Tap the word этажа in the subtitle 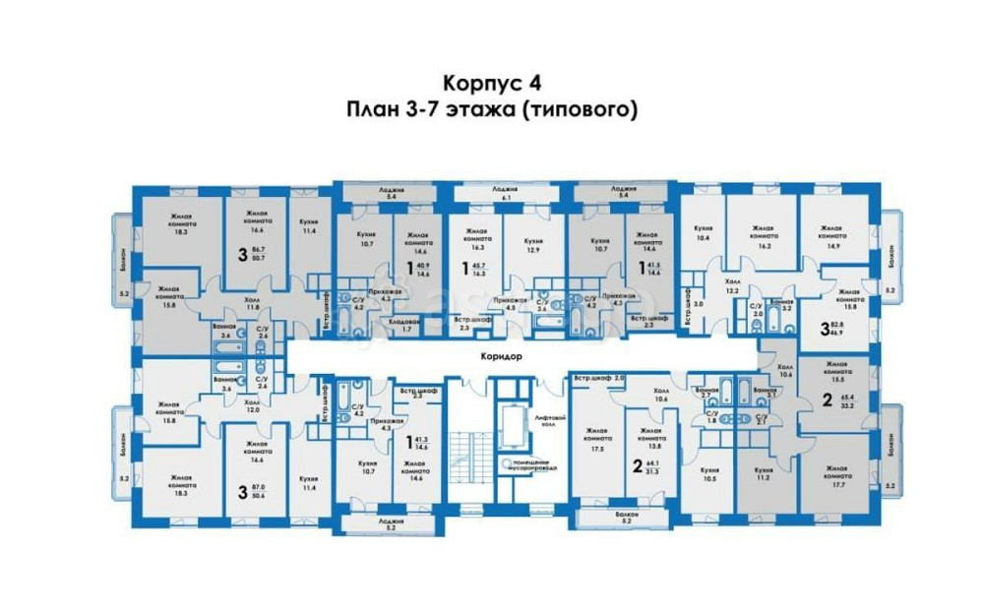(477, 109)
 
